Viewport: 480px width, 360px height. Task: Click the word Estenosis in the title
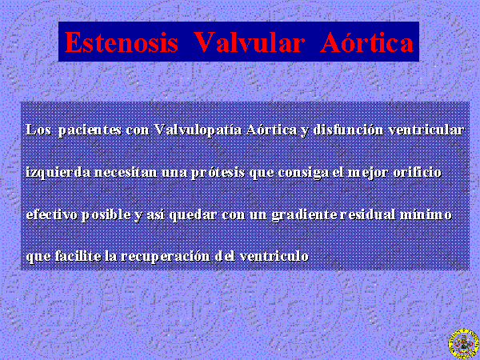pyautogui.click(x=122, y=42)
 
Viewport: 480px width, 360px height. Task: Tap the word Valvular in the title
pyautogui.click(x=249, y=42)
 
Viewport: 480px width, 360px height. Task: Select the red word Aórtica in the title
pyautogui.click(x=367, y=42)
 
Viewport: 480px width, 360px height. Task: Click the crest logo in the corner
pyautogui.click(x=463, y=344)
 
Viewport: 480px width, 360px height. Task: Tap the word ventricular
pyautogui.click(x=426, y=130)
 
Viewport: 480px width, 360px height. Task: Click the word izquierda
pyautogui.click(x=58, y=173)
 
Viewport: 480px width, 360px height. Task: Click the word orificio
pyautogui.click(x=418, y=172)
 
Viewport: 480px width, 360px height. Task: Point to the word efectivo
pyautogui.click(x=52, y=214)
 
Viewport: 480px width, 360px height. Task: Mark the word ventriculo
pyautogui.click(x=274, y=256)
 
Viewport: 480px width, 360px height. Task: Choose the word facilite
pyautogui.click(x=78, y=256)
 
